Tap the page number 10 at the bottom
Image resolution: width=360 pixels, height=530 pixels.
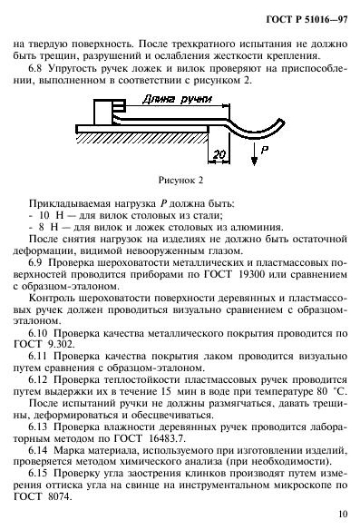click(341, 514)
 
